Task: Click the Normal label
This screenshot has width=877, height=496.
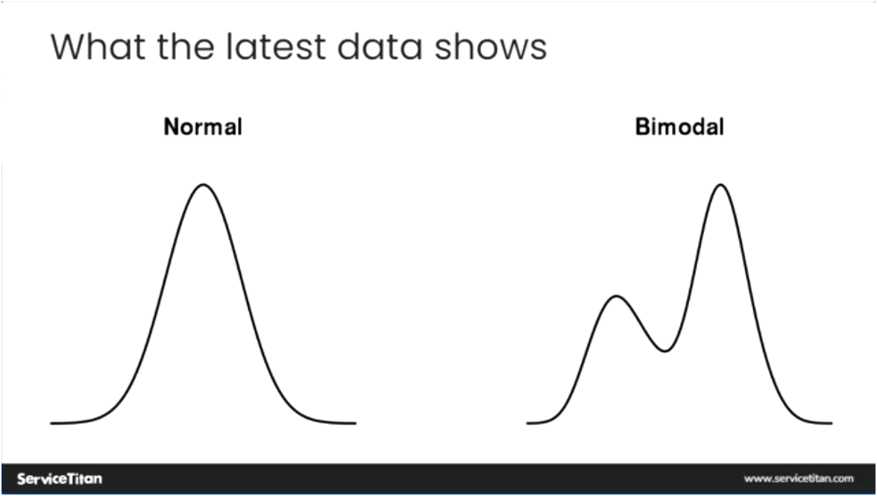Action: pos(203,127)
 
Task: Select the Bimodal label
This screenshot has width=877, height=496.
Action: pos(679,127)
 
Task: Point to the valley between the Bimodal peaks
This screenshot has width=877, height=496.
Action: pos(664,351)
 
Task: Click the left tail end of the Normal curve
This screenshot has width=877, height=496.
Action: pos(52,423)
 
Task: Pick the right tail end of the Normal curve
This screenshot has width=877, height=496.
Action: pos(354,423)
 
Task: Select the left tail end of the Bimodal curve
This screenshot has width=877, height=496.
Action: pos(528,423)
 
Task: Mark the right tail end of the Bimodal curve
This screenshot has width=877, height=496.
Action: pos(831,423)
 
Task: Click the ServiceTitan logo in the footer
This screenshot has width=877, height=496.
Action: pos(60,478)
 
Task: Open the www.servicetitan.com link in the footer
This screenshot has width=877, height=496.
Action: pos(798,478)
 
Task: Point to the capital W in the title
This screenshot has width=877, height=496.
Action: pos(68,46)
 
